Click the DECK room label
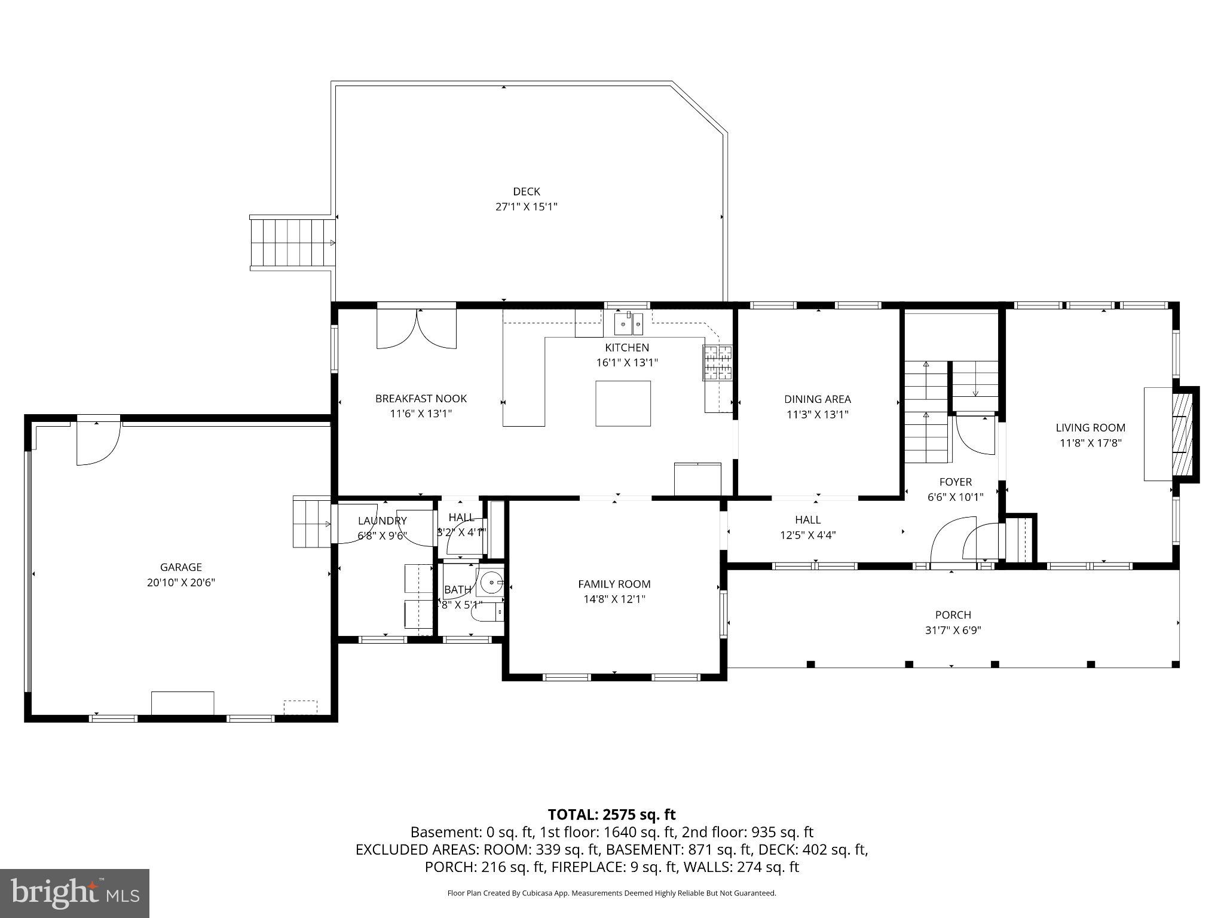pyautogui.click(x=526, y=192)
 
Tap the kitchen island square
pyautogui.click(x=623, y=403)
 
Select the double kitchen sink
pyautogui.click(x=628, y=325)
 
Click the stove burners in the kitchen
pyautogui.click(x=717, y=363)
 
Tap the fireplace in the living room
pyautogui.click(x=1182, y=433)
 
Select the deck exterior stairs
pyautogui.click(x=292, y=243)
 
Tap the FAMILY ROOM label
pyautogui.click(x=614, y=584)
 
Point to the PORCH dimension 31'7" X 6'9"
pyautogui.click(x=953, y=630)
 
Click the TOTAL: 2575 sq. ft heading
pyautogui.click(x=611, y=814)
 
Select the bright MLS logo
pyautogui.click(x=75, y=893)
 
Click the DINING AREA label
pyautogui.click(x=817, y=399)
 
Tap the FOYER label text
pyautogui.click(x=955, y=482)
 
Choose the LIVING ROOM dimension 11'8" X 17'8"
pyautogui.click(x=1090, y=443)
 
